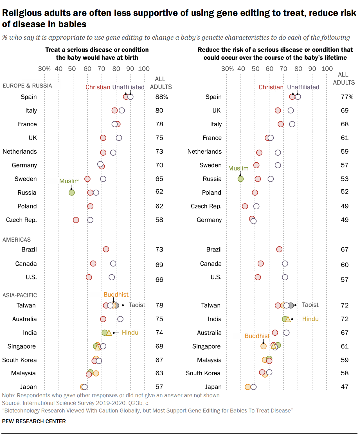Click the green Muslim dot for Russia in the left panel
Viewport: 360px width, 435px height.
tap(72, 192)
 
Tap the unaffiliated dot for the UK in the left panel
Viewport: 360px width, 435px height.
tap(119, 138)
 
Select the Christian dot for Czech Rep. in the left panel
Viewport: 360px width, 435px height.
tap(76, 220)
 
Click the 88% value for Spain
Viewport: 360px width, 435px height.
tap(161, 97)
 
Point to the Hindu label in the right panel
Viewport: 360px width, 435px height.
tap(310, 319)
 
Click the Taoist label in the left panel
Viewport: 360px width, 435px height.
tap(137, 305)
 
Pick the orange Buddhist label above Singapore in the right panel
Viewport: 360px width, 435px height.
tap(257, 336)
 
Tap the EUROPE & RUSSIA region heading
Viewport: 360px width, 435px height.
tap(27, 86)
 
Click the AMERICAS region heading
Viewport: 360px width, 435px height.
tap(17, 240)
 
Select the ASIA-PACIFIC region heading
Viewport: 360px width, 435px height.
tap(20, 295)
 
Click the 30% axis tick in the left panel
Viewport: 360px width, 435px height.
tap(44, 69)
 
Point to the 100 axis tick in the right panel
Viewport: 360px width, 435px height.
tap(327, 69)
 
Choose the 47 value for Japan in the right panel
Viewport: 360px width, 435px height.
tap(345, 387)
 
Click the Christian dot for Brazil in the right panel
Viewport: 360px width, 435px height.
tap(279, 249)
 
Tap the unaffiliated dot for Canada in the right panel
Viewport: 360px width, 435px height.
tap(285, 264)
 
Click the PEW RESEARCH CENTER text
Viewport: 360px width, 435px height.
tap(34, 421)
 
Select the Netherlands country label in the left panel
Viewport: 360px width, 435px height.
tap(20, 152)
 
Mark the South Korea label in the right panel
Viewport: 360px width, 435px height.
tap(203, 373)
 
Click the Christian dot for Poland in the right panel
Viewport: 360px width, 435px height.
tap(255, 193)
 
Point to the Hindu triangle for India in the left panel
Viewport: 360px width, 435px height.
tap(109, 333)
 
